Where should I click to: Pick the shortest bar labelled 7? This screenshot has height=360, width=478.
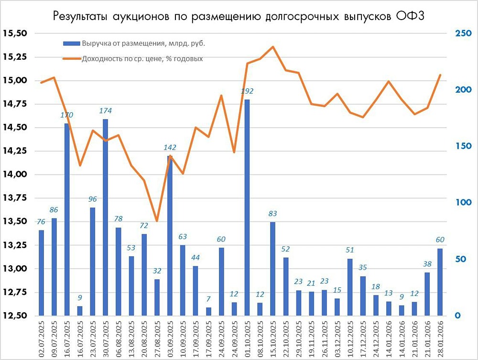click(208, 311)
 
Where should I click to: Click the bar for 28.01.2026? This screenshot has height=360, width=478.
click(440, 282)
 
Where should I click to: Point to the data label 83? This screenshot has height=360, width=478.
click(272, 214)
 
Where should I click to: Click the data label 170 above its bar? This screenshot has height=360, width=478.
click(66, 115)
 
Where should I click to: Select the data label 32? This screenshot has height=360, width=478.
click(157, 271)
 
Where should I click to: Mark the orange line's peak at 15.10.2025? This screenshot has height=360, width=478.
click(273, 47)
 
